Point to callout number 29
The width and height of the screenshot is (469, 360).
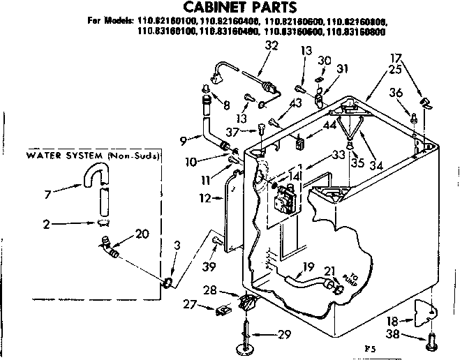tap(283, 335)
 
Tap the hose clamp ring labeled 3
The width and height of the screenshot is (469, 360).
tap(167, 282)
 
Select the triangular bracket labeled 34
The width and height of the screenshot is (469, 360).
tap(348, 129)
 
